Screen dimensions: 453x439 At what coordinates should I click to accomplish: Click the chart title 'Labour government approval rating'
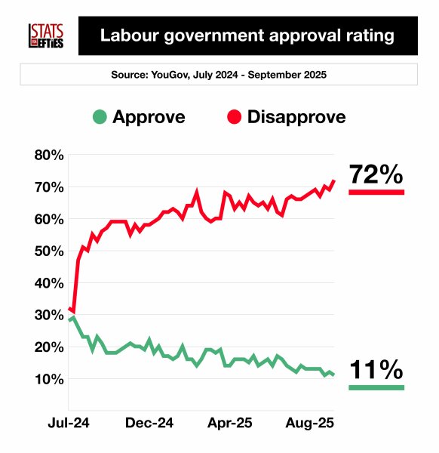pyautogui.click(x=247, y=35)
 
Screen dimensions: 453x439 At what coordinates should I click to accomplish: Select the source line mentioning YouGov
pyautogui.click(x=219, y=75)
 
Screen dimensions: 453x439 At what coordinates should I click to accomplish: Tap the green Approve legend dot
pyautogui.click(x=99, y=117)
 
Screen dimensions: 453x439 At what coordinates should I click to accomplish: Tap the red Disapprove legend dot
pyautogui.click(x=233, y=117)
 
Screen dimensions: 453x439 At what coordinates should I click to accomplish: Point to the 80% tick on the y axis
pyautogui.click(x=49, y=156)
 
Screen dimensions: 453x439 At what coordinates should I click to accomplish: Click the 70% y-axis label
pyautogui.click(x=49, y=187)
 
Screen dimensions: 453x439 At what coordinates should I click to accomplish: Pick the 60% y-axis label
pyautogui.click(x=49, y=220)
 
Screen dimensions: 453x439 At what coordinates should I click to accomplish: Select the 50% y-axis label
pyautogui.click(x=49, y=251)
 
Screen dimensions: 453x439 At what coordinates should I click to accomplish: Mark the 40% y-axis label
pyautogui.click(x=49, y=284)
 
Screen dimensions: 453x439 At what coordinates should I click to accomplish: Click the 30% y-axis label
pyautogui.click(x=49, y=316)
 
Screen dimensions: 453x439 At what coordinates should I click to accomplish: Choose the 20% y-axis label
pyautogui.click(x=49, y=347)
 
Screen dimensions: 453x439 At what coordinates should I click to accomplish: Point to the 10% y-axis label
pyautogui.click(x=49, y=379)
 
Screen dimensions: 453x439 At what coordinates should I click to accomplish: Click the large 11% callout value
pyautogui.click(x=376, y=370)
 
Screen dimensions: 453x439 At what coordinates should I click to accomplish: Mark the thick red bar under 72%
pyautogui.click(x=376, y=193)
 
